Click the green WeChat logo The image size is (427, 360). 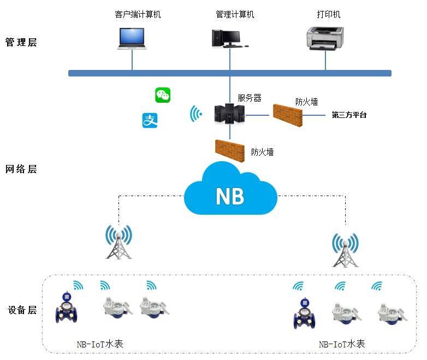click(x=163, y=95)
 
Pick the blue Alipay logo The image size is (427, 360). click(x=150, y=121)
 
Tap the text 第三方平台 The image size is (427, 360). click(x=349, y=115)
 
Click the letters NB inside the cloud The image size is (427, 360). click(x=229, y=195)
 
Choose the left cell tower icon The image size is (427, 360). click(x=118, y=242)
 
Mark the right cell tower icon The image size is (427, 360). click(x=345, y=250)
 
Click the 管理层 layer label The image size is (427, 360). click(x=21, y=42)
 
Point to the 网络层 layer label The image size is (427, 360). click(x=21, y=169)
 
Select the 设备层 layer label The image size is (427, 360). click(x=22, y=310)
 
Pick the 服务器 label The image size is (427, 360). click(x=249, y=98)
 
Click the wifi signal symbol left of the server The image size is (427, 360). click(x=195, y=114)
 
